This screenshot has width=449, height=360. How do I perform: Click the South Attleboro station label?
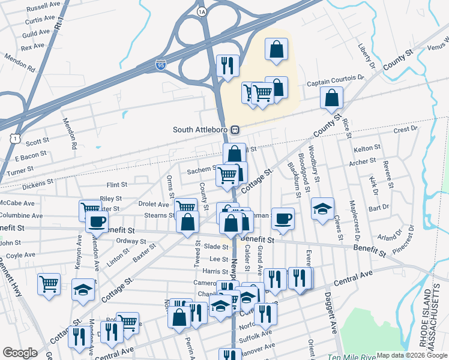pyautogui.click(x=201, y=129)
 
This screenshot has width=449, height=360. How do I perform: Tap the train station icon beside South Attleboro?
pyautogui.click(x=236, y=129)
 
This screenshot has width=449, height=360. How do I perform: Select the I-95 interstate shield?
pyautogui.click(x=161, y=64)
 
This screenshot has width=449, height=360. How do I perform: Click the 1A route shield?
pyautogui.click(x=202, y=11)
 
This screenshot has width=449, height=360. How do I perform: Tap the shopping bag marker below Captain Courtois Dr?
pyautogui.click(x=331, y=98)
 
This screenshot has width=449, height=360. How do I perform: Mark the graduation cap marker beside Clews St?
pyautogui.click(x=323, y=208)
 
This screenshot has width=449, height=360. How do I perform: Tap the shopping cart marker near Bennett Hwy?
pyautogui.click(x=49, y=283)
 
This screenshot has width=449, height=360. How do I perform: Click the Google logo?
pyautogui.click(x=20, y=353)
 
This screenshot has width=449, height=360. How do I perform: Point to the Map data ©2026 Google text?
pyautogui.click(x=411, y=355)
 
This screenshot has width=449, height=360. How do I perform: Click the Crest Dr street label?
pyautogui.click(x=405, y=130)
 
